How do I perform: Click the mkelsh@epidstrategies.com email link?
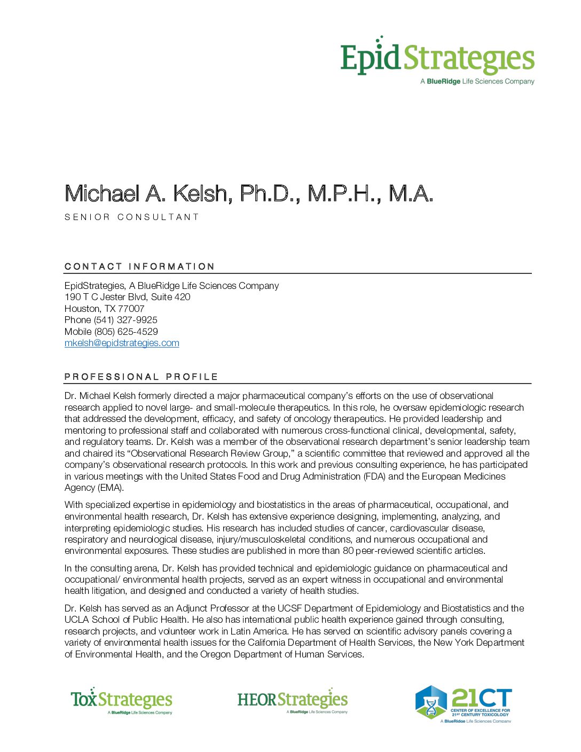(x=122, y=343)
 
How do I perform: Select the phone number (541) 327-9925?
(x=125, y=320)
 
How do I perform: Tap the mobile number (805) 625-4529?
(x=126, y=332)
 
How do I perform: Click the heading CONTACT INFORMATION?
(x=139, y=267)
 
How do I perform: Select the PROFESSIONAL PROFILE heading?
(x=141, y=377)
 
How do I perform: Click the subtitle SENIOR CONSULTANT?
(x=132, y=217)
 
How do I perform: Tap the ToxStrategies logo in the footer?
(x=121, y=700)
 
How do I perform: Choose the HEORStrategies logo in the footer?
(x=292, y=700)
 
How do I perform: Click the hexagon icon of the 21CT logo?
(x=430, y=702)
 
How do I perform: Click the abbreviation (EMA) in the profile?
(x=111, y=488)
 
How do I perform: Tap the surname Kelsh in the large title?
(x=203, y=194)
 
